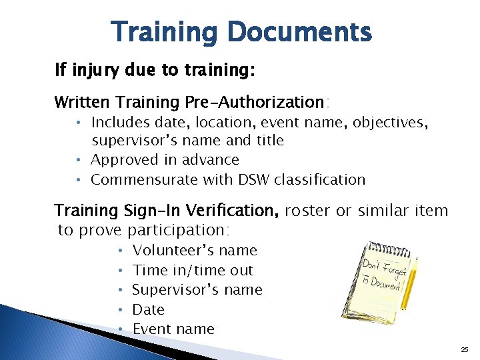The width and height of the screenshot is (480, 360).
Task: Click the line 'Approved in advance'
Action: pyautogui.click(x=165, y=160)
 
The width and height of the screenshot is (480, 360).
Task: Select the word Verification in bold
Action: pyautogui.click(x=234, y=211)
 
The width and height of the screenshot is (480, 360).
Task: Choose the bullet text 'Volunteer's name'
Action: pyautogui.click(x=195, y=251)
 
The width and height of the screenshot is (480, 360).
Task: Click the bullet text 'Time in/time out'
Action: pyautogui.click(x=193, y=270)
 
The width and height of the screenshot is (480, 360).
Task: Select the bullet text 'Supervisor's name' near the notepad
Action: pyautogui.click(x=197, y=290)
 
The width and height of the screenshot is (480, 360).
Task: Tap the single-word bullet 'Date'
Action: pyautogui.click(x=148, y=309)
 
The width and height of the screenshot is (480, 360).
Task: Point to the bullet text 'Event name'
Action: pyautogui.click(x=173, y=329)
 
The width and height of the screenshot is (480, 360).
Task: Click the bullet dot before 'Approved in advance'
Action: pyautogui.click(x=78, y=160)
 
